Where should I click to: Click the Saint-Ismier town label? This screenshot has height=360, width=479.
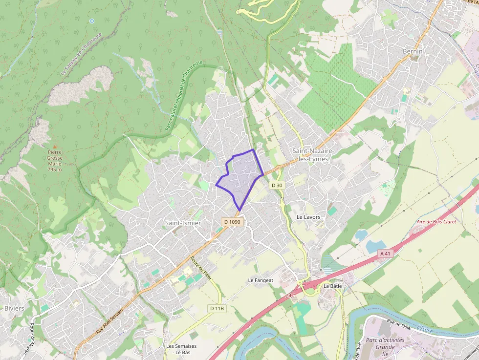pyautogui.click(x=183, y=223)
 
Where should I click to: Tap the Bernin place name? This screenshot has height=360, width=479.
pyautogui.click(x=412, y=51)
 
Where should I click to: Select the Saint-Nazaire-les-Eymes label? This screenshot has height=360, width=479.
pyautogui.click(x=313, y=155)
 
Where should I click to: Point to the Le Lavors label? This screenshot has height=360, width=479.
pyautogui.click(x=308, y=216)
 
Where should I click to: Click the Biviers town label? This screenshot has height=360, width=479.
pyautogui.click(x=14, y=309)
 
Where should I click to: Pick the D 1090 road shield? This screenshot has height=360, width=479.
pyautogui.click(x=232, y=222)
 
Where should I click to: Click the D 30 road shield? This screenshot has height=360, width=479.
pyautogui.click(x=277, y=185)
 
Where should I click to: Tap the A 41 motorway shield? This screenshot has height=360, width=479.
pyautogui.click(x=386, y=254)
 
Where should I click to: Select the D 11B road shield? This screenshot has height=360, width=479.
pyautogui.click(x=217, y=308)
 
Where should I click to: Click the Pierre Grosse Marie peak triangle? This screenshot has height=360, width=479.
pyautogui.click(x=55, y=146)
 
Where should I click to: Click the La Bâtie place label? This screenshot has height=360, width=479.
pyautogui.click(x=332, y=286)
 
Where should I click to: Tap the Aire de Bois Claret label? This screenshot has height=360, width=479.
pyautogui.click(x=436, y=221)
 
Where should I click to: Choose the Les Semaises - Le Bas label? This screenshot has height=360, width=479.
pyautogui.click(x=181, y=349)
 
